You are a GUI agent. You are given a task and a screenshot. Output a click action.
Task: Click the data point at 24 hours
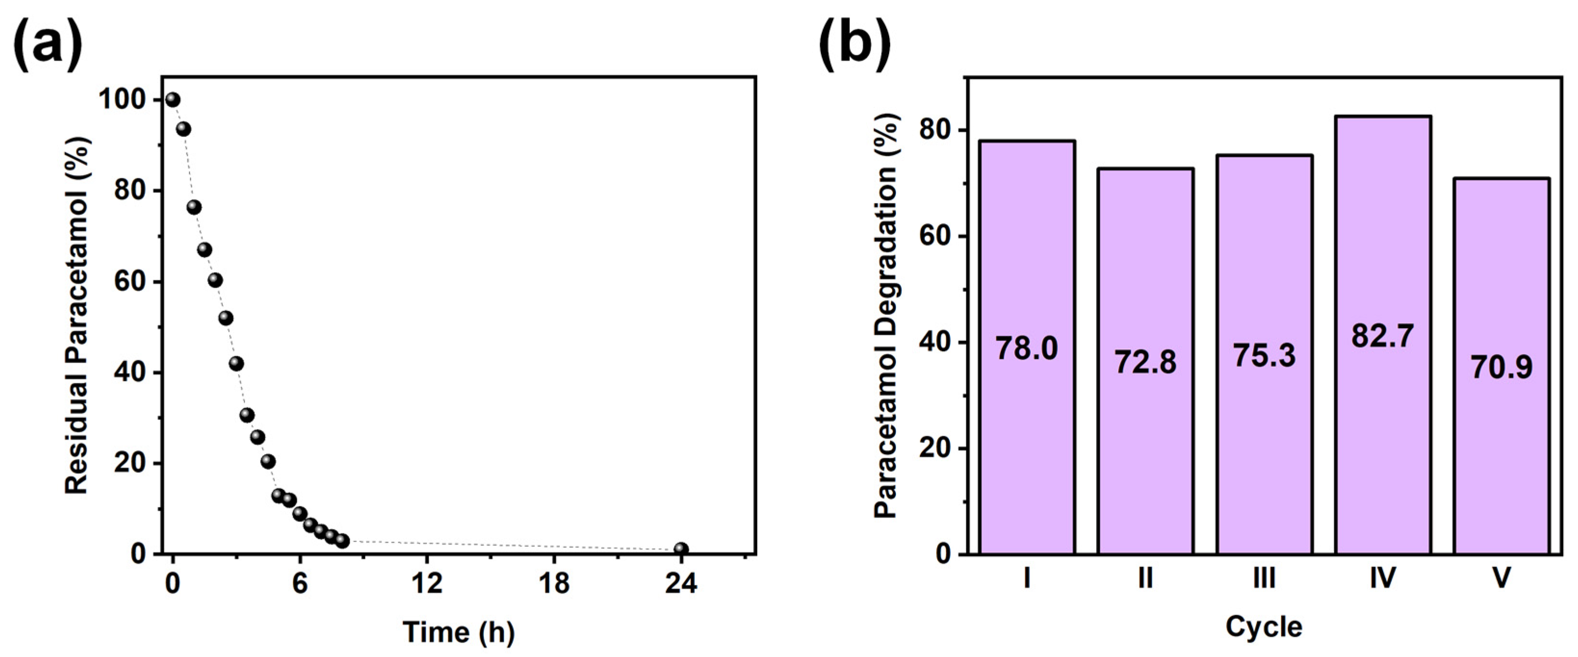pos(681,549)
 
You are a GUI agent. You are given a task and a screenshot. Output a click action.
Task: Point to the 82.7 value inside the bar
pos(1383,336)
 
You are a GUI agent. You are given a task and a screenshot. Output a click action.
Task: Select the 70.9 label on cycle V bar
pos(1501,367)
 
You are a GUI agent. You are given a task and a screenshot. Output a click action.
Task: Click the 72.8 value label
pos(1145,362)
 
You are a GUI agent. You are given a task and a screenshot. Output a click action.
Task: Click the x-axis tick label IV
pos(1383,578)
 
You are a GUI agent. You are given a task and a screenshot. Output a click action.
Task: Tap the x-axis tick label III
pos(1264,578)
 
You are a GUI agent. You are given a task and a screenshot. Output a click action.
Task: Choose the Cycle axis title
pos(1264,627)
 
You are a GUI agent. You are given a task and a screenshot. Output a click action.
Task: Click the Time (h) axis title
pos(458,632)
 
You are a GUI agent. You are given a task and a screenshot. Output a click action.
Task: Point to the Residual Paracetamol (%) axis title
pos(78,316)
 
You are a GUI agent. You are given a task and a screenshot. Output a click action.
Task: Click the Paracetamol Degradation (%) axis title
pos(885,316)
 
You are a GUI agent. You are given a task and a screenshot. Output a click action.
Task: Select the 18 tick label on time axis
pos(554,583)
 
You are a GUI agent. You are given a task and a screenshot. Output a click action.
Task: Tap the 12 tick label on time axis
pos(427,583)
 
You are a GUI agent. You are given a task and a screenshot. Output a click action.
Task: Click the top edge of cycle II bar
pos(1145,169)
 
